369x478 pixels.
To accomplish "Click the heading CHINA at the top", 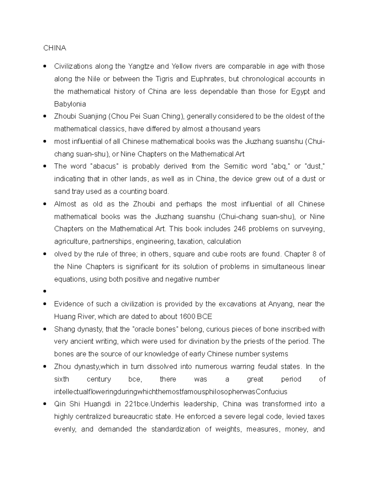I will (x=54, y=48).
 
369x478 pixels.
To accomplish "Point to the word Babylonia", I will (x=70, y=104).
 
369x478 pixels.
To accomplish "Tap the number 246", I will (x=240, y=229).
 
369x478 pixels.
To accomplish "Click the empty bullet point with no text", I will (x=45, y=291).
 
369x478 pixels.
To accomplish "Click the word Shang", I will (x=63, y=329).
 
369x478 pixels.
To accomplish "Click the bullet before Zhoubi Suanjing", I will (x=45, y=116).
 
